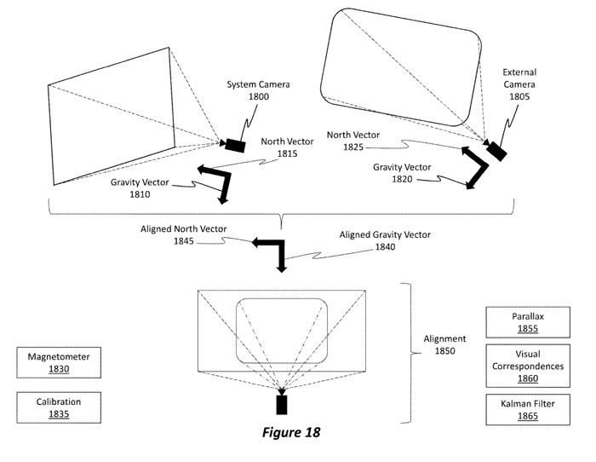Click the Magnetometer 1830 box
[x=59, y=362]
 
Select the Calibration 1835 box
[x=59, y=407]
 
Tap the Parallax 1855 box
[x=528, y=322]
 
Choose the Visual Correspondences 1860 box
[x=528, y=366]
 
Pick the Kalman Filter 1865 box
[x=528, y=409]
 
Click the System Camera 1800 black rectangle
[x=235, y=146]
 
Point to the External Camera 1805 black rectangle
[x=496, y=152]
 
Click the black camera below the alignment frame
[x=282, y=405]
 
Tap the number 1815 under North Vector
[x=288, y=153]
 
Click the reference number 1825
[x=353, y=147]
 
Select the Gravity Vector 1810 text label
[x=140, y=188]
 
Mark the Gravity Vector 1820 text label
[x=402, y=173]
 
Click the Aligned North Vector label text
[x=184, y=229]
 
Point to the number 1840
[x=385, y=247]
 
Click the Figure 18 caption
[x=291, y=432]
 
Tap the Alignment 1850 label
[x=444, y=344]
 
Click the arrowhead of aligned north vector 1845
[x=256, y=242]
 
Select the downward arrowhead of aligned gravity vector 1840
[x=281, y=269]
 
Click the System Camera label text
[x=259, y=84]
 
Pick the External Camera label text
[x=519, y=78]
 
